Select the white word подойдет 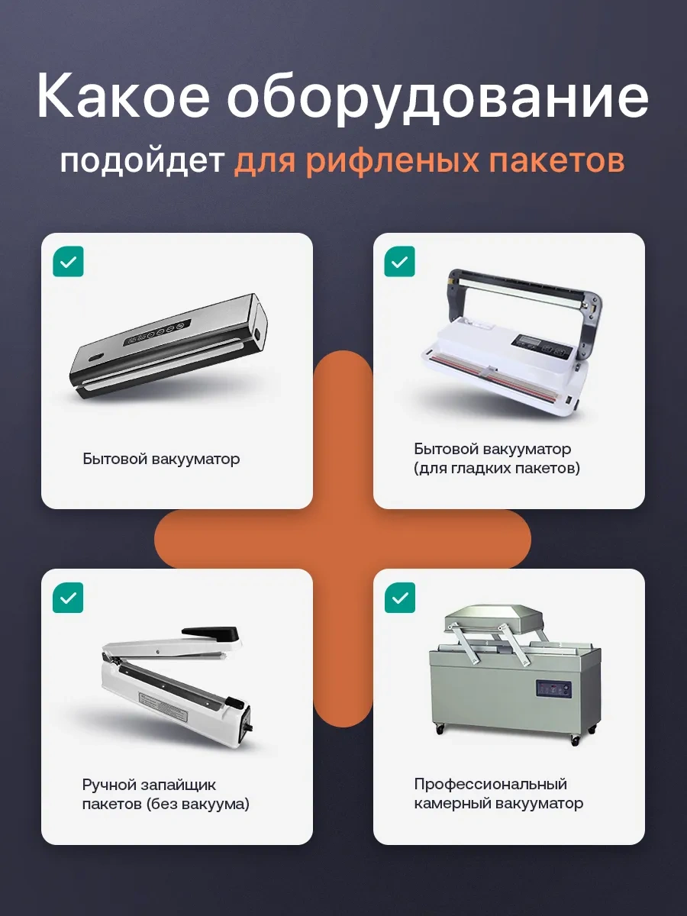pyautogui.click(x=143, y=162)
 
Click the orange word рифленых pyautogui.click(x=392, y=162)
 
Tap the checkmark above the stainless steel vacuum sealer pyautogui.click(x=69, y=262)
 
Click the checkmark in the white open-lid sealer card pyautogui.click(x=399, y=262)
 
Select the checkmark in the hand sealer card pyautogui.click(x=69, y=598)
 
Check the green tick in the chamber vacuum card pyautogui.click(x=399, y=598)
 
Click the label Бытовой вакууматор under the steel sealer pyautogui.click(x=161, y=459)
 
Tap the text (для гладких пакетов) pyautogui.click(x=497, y=469)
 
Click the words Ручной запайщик pyautogui.click(x=149, y=785)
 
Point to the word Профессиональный pyautogui.click(x=491, y=785)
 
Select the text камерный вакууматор pyautogui.click(x=498, y=803)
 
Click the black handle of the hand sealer pyautogui.click(x=211, y=636)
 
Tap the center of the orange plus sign pyautogui.click(x=343, y=539)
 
